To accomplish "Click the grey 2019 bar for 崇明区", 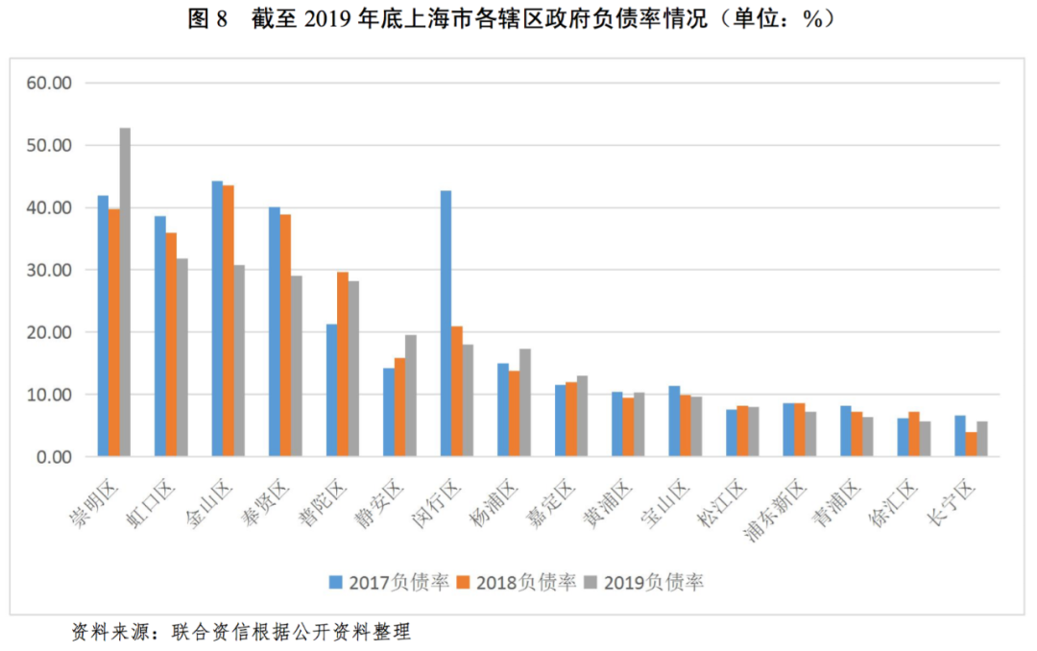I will (x=125, y=292).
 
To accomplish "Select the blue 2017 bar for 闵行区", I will (x=446, y=324).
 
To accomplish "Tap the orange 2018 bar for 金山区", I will (x=228, y=321).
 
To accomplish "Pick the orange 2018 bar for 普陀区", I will (x=343, y=364).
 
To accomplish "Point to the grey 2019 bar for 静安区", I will (x=411, y=396).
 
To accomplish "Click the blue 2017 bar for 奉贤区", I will (x=275, y=331).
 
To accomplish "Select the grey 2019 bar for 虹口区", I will (x=182, y=357).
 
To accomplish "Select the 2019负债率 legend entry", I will (x=644, y=582).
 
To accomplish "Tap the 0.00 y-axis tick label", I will (x=54, y=457).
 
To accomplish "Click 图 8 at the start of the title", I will (x=206, y=18).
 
